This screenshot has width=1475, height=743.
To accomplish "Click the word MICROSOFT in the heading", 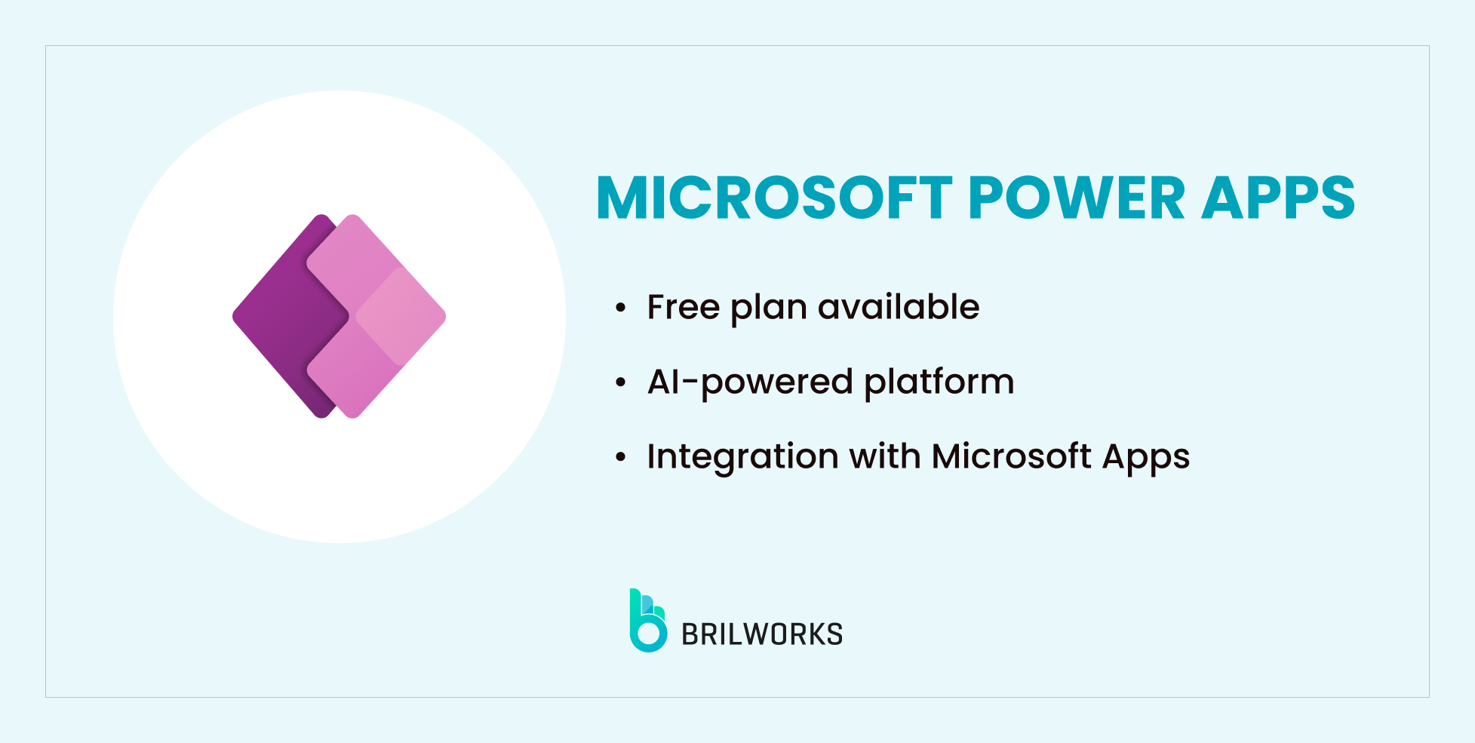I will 774,198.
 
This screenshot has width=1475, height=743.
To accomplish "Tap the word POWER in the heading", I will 1076,198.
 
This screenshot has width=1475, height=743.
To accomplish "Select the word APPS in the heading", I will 1278,198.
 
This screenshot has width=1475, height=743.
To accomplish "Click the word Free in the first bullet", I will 684,307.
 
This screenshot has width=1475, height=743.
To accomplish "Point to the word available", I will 899,307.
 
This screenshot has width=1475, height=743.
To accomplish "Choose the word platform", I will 939,382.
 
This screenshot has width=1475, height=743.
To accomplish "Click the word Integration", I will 742,457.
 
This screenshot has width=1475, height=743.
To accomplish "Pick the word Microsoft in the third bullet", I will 1011,456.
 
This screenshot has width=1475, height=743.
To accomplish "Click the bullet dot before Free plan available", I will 620,308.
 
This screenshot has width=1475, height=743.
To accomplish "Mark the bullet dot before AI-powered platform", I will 620,382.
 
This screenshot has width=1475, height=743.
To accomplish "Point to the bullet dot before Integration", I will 620,457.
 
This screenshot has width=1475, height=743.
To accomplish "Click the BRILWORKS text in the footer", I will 762,634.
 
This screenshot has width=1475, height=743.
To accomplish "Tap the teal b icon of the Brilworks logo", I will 647,622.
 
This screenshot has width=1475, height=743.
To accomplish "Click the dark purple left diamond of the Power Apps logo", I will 279,317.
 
